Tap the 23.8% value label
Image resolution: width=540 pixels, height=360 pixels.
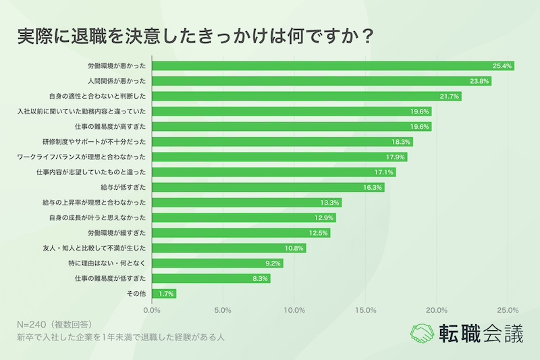click(x=479, y=81)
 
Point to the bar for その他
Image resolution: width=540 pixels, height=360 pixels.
click(x=165, y=294)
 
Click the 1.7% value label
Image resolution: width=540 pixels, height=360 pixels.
click(x=167, y=294)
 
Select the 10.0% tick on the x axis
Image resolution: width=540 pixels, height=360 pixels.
click(x=294, y=311)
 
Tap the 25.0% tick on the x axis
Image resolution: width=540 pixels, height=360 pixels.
click(x=508, y=311)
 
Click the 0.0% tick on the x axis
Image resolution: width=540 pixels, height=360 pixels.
click(x=153, y=311)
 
